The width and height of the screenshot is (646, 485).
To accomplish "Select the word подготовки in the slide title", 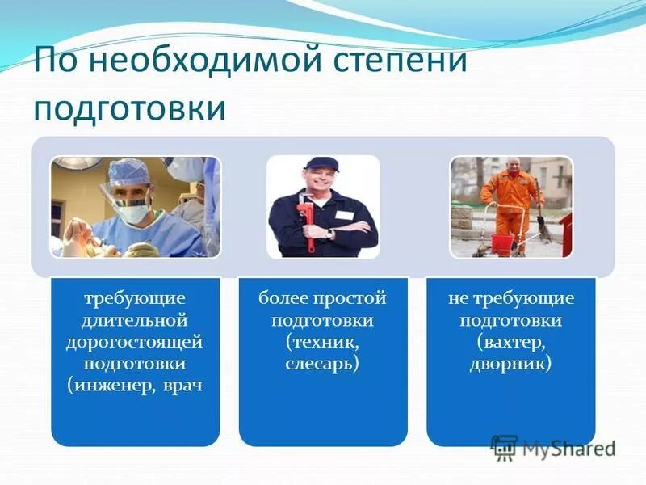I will click(129, 108).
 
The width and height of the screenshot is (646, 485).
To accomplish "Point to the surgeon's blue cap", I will click(129, 171).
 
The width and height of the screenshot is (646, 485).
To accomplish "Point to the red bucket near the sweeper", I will click(502, 241).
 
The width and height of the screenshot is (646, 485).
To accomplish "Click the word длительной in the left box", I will click(135, 320).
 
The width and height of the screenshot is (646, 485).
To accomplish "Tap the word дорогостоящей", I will click(135, 342).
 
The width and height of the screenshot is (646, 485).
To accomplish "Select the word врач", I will click(181, 385).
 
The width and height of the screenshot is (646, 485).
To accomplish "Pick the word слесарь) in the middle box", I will click(322, 364).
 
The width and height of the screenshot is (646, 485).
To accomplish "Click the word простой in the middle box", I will click(353, 299).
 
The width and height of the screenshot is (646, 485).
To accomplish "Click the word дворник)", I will click(511, 364).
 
